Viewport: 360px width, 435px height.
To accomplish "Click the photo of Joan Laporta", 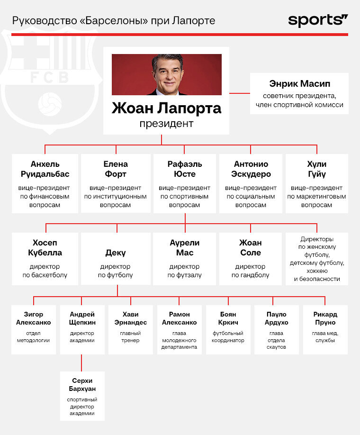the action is coord(166,74).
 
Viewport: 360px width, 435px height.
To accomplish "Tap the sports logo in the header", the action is coord(318,20).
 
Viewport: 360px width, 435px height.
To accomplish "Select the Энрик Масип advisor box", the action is coord(299,93).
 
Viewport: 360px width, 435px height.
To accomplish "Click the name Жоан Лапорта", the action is coord(166,108).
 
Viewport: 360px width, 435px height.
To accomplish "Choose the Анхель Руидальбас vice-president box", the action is coord(45,183).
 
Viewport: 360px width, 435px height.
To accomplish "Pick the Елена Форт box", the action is coord(115,183).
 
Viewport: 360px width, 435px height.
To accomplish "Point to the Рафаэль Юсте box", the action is coord(185,183).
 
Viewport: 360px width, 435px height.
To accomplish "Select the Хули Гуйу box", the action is coord(316,183).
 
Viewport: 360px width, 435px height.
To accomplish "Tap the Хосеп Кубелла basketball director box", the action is coord(45,259).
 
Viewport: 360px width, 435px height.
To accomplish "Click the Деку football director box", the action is coord(115,259).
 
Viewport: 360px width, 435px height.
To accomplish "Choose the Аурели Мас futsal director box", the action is coord(185,259).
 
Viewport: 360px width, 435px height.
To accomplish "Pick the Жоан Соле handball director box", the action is coord(250,259).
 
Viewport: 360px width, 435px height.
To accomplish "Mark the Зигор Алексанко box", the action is coord(34,329).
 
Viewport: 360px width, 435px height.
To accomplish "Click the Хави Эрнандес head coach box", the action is coord(131,329).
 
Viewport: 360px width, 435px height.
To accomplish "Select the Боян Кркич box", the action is coord(228,329).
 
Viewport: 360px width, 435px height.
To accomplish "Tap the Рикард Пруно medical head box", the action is coord(325,329).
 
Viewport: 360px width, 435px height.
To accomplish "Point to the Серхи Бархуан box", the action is coord(82,396).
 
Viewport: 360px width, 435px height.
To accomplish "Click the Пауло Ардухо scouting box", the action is coord(277,329).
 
